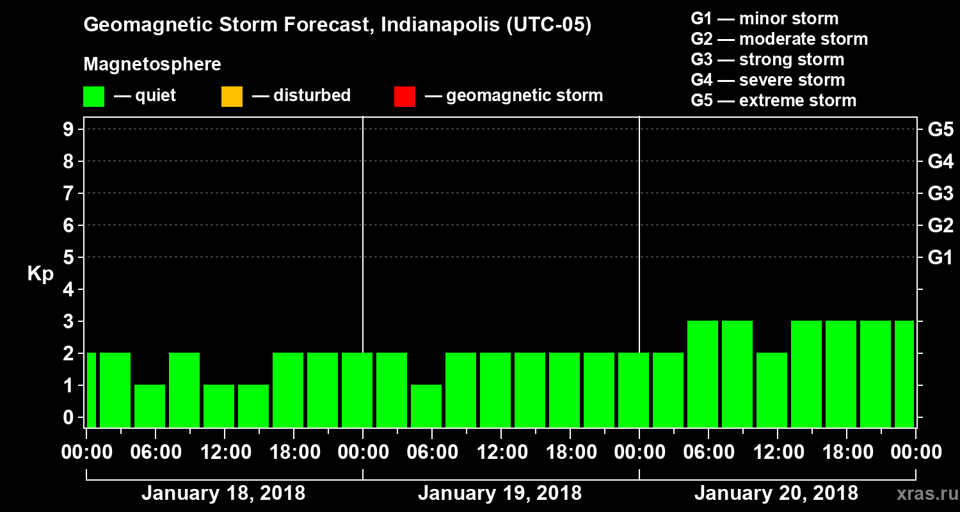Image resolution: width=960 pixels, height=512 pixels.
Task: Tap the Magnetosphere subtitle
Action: [x=152, y=65]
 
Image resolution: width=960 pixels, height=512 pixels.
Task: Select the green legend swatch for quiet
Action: [x=93, y=97]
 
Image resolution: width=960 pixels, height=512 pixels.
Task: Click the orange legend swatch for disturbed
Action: [x=232, y=97]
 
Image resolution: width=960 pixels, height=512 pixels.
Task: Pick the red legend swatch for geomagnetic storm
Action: [x=404, y=97]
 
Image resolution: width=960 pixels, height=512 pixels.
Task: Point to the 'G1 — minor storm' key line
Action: [x=765, y=19]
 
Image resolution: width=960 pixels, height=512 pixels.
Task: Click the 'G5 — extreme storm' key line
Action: [x=773, y=100]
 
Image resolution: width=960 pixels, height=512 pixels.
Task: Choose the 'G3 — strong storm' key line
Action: [x=767, y=60]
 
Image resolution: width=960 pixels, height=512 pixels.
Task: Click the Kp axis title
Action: [x=40, y=274]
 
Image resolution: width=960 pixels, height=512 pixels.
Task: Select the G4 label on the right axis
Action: [x=940, y=161]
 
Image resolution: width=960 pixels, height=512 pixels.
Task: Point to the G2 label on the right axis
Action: [x=940, y=225]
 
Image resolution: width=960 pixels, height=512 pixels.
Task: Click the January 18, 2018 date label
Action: [x=223, y=493]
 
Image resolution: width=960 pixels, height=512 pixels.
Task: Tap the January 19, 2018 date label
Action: [x=500, y=493]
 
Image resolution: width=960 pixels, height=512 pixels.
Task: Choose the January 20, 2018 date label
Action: [x=776, y=493]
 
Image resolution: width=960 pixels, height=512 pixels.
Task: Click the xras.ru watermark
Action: [x=922, y=494]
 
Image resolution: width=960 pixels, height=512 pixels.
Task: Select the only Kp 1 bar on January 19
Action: [x=426, y=406]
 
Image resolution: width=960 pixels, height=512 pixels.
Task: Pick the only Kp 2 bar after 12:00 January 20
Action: [x=772, y=389]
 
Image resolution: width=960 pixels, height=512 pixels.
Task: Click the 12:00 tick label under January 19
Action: [x=500, y=452]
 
